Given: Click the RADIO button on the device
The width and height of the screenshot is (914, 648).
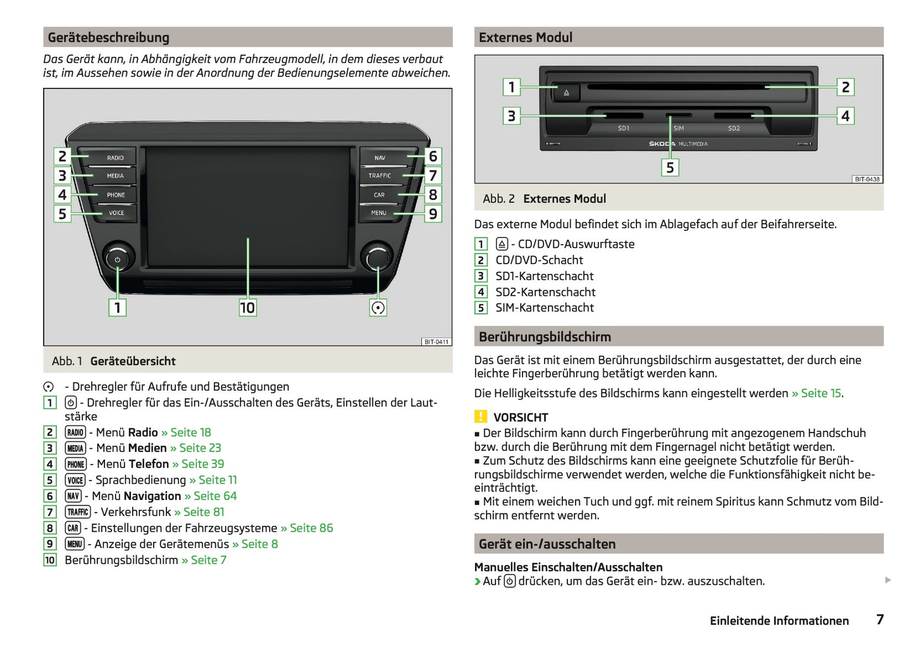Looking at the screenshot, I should [114, 158].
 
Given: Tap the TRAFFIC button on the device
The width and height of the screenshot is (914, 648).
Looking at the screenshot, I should [380, 176].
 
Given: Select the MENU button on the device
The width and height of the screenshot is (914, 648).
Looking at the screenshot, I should [378, 213].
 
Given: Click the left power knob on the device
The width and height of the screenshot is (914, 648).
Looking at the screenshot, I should [118, 259].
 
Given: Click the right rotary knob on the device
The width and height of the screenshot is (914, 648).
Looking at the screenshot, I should [378, 258].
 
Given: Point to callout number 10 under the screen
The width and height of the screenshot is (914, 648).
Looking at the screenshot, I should [247, 308].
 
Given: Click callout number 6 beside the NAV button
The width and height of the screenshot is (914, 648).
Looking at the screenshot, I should [433, 156].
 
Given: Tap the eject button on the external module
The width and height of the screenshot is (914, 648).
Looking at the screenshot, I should [566, 93].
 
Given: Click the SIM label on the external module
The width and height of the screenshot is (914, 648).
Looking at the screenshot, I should [679, 128].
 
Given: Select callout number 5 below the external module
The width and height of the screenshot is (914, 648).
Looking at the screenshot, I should [670, 168].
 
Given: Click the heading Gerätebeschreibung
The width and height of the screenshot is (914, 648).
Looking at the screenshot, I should [109, 38].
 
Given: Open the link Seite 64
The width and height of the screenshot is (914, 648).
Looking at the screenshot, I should [214, 496].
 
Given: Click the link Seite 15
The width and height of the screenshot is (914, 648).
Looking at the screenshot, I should [820, 393].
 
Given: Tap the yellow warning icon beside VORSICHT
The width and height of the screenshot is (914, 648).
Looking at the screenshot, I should [481, 417].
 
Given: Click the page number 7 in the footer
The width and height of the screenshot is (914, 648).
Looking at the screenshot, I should [880, 620].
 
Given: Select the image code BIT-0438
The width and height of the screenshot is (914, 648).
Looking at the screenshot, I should [867, 180].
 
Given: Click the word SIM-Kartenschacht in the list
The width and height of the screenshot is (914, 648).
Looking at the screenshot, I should [545, 308].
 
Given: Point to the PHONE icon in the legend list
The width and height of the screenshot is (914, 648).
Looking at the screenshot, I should [76, 464].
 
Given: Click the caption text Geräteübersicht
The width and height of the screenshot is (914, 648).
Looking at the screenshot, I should [133, 362].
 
